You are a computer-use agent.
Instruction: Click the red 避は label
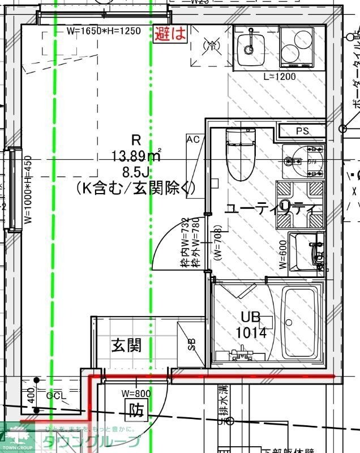[170, 33]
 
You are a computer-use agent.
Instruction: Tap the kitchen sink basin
[247, 42]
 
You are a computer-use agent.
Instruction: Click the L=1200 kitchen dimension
[280, 76]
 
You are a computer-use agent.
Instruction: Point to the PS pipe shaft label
[302, 131]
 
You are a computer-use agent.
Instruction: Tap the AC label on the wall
[192, 139]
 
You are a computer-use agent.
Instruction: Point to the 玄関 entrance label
[126, 345]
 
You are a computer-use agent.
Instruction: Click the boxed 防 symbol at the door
[135, 408]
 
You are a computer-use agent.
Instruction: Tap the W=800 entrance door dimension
[136, 393]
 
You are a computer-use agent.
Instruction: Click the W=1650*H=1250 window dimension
[103, 32]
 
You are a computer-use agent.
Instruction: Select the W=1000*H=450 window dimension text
[28, 190]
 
